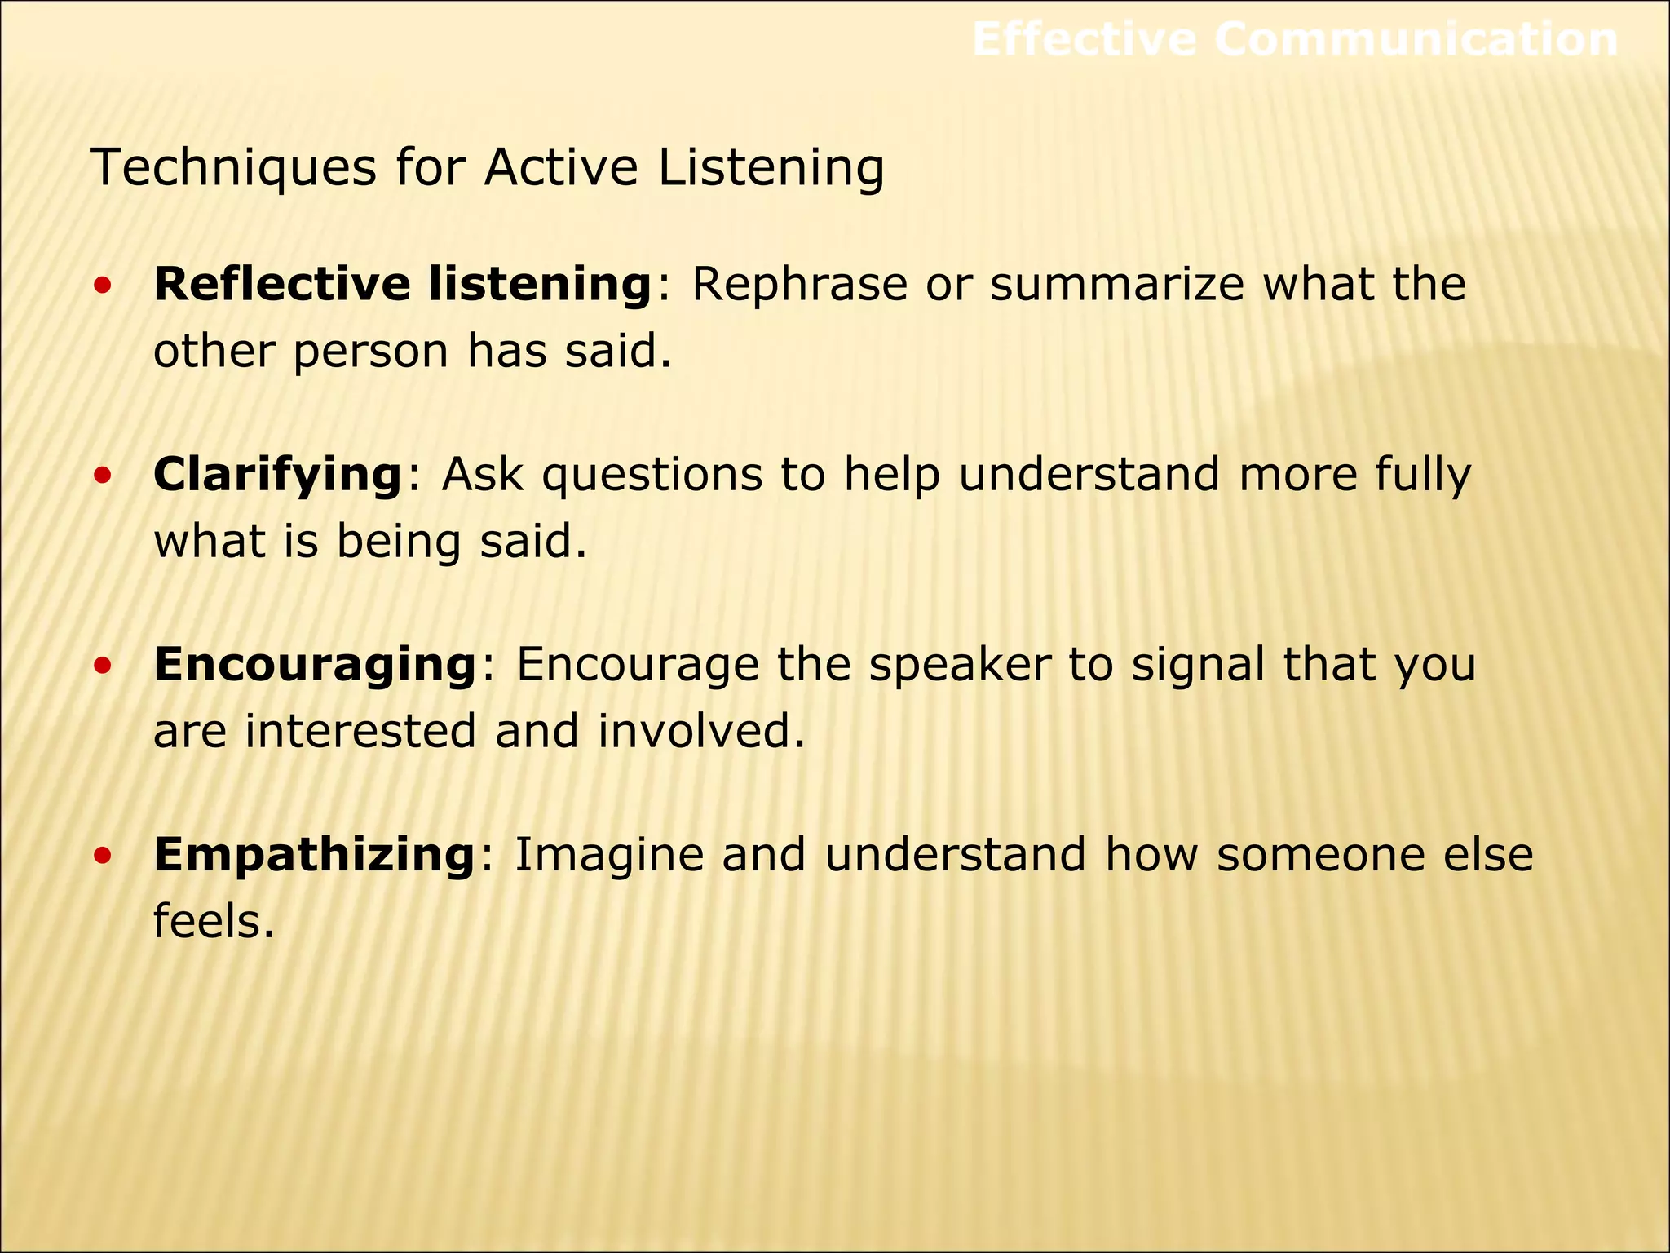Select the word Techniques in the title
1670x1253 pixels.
pos(234,169)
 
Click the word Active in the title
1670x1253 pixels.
pos(560,167)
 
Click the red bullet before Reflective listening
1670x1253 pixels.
pos(102,286)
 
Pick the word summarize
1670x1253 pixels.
pos(1117,286)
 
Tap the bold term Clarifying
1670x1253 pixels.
pos(277,476)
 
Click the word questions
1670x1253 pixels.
pos(652,476)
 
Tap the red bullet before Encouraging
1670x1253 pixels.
pos(102,666)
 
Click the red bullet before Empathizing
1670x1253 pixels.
pos(102,857)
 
